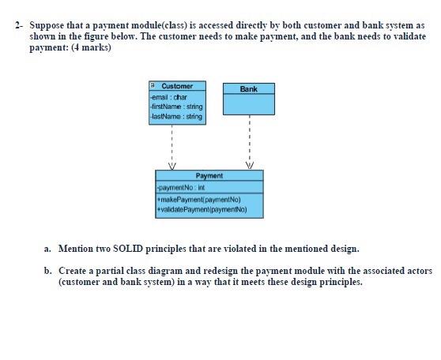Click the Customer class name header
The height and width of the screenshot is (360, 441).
[x=177, y=85]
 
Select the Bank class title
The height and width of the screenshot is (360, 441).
[x=249, y=89]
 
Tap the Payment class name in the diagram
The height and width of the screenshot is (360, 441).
[x=208, y=175]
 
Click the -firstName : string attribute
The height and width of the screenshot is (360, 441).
[x=175, y=107]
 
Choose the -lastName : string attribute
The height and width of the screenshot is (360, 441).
[x=175, y=116]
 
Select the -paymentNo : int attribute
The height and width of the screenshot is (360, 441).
[x=181, y=188]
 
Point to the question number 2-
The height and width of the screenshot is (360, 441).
[x=18, y=25]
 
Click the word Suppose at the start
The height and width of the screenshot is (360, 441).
[x=46, y=25]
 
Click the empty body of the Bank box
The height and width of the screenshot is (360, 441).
[x=249, y=105]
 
